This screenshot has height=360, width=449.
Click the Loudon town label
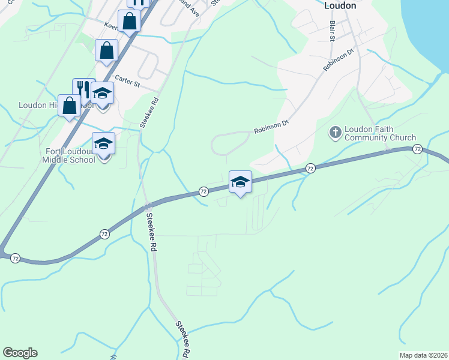340,5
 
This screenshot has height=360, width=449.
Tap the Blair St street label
331,31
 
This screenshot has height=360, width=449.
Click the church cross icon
336,131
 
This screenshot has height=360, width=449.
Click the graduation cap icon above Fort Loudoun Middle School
103,144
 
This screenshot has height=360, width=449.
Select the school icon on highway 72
240,182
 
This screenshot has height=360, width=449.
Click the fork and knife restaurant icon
83,89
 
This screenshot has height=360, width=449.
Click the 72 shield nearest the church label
418,149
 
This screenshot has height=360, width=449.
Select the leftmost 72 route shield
16,258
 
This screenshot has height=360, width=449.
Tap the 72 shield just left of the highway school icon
203,191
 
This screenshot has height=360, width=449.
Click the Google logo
20,353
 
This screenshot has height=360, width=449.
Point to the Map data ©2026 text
423,355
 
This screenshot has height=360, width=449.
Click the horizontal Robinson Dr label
271,129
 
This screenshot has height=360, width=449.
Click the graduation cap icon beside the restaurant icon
103,94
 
